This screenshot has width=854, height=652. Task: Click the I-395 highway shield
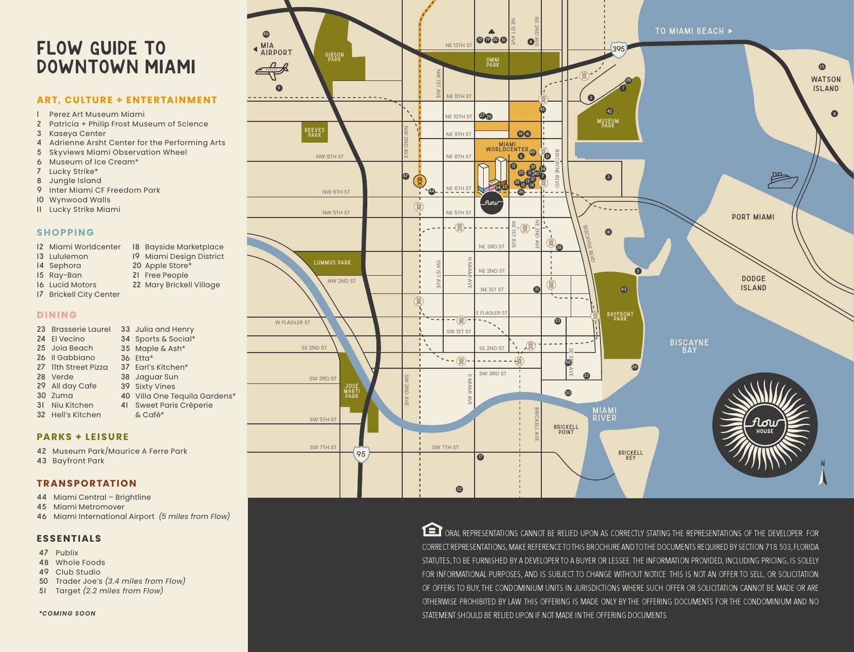[x=618, y=49]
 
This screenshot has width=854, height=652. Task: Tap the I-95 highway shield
[x=361, y=454]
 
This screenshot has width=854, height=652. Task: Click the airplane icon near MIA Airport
[x=272, y=71]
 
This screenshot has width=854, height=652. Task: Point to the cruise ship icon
[x=783, y=180]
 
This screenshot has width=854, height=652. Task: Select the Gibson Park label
[x=334, y=57]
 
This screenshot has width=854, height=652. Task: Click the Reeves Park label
[x=315, y=133]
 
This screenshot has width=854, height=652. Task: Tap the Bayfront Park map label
[x=620, y=317]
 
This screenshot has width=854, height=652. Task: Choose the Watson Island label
[x=825, y=84]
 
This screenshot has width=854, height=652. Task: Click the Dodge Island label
[x=753, y=283]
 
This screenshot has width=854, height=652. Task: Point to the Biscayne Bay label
[x=689, y=346]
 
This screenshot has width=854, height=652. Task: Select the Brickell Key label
[x=630, y=455]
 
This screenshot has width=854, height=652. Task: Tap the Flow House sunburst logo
[x=764, y=425]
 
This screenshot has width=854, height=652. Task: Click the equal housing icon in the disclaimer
[x=432, y=530]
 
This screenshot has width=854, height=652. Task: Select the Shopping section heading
[x=65, y=233]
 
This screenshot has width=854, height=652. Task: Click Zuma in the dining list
[x=62, y=396]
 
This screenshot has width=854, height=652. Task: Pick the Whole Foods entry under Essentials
[x=80, y=562]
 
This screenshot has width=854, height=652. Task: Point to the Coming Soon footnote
[x=67, y=613]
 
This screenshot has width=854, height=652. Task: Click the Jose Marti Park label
[x=352, y=391]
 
